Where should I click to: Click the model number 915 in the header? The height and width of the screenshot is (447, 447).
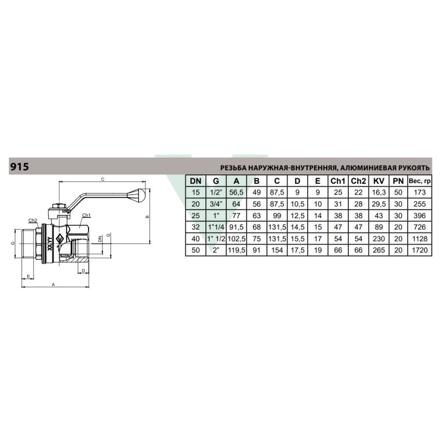click(20, 166)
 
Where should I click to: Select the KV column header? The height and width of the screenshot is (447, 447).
click(379, 181)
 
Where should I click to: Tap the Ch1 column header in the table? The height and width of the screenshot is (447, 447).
click(338, 181)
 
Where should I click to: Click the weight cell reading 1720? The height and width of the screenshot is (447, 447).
click(420, 250)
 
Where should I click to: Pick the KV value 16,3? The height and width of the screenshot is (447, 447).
click(379, 192)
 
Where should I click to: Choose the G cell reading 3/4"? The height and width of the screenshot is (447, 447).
click(216, 204)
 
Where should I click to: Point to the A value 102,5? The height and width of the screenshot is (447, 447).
click(236, 239)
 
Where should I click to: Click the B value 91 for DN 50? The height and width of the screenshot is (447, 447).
click(257, 250)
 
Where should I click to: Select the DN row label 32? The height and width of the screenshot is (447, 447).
click(196, 227)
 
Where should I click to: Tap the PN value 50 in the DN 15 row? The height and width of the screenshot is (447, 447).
click(398, 192)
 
